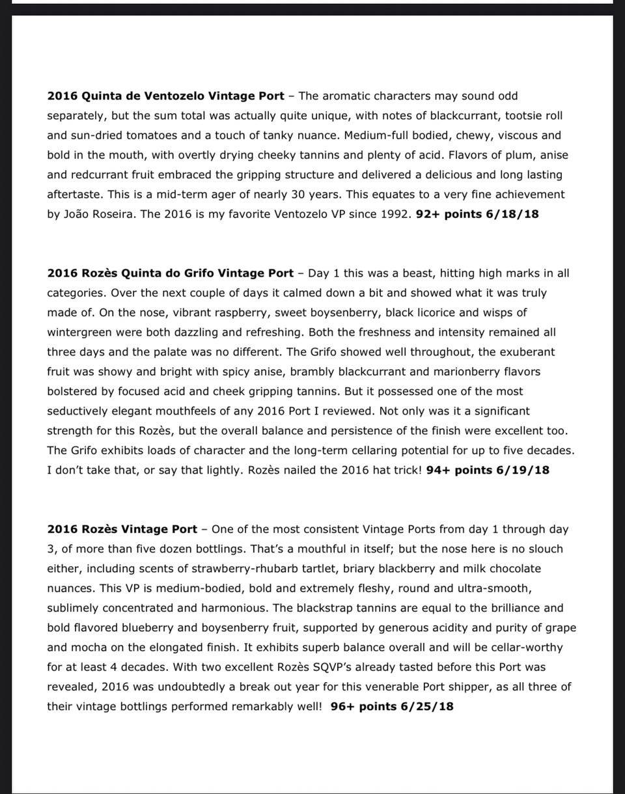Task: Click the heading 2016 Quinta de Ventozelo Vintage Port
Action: coord(165,96)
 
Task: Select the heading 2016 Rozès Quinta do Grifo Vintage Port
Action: coord(170,273)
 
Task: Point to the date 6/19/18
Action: coord(523,470)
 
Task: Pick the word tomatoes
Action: coord(151,135)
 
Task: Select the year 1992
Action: coord(396,213)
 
